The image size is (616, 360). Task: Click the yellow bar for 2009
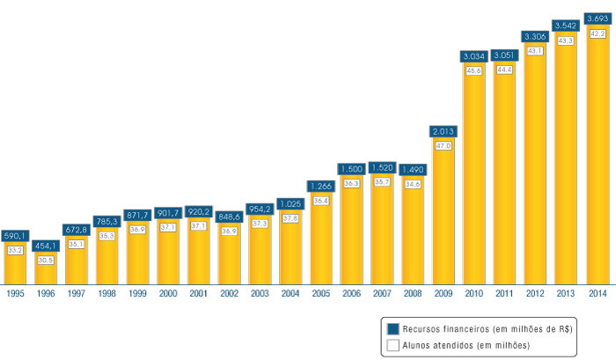click(x=444, y=220)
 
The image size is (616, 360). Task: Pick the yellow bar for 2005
click(x=321, y=242)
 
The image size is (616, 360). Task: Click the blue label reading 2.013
click(x=444, y=132)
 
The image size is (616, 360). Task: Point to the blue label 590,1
click(x=14, y=236)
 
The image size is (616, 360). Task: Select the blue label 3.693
click(x=597, y=18)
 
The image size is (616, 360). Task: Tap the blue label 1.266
click(x=321, y=186)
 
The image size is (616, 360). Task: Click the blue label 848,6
click(x=230, y=216)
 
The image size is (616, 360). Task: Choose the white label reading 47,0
click(x=444, y=145)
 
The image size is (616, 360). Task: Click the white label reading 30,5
click(x=46, y=260)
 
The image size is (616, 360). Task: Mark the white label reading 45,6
click(x=474, y=70)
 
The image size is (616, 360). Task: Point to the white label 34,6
click(x=413, y=184)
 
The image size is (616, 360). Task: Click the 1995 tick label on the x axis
click(x=14, y=293)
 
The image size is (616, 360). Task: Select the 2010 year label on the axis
click(x=474, y=293)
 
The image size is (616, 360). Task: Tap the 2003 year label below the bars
click(x=260, y=293)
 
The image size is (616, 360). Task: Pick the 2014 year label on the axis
click(x=597, y=293)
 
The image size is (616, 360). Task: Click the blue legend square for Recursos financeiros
click(x=392, y=328)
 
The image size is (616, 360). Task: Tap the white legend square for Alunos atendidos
click(x=392, y=345)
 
